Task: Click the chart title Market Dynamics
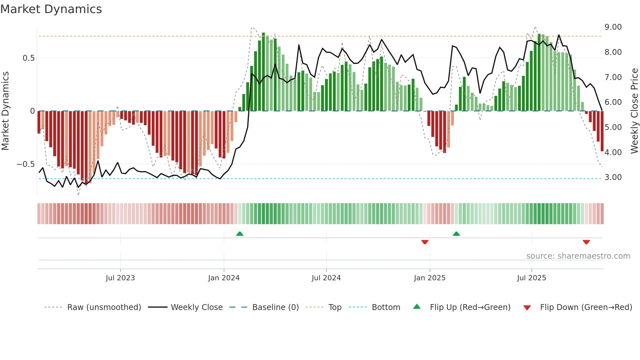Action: [51, 9]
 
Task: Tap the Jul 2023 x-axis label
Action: [120, 278]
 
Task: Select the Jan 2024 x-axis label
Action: [224, 278]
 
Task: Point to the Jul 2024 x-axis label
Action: [326, 278]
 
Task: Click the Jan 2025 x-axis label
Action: [429, 278]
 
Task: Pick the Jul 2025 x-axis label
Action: [532, 278]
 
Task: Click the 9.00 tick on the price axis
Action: [613, 27]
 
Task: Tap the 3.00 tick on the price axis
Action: [613, 177]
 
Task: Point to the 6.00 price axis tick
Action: [613, 102]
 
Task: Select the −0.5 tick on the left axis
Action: [25, 164]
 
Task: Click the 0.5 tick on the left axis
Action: [28, 58]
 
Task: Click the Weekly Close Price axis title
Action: [634, 111]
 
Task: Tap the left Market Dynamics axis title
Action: [5, 111]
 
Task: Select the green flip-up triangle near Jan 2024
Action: [240, 234]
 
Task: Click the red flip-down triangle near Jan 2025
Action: [425, 242]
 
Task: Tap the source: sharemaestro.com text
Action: [578, 256]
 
